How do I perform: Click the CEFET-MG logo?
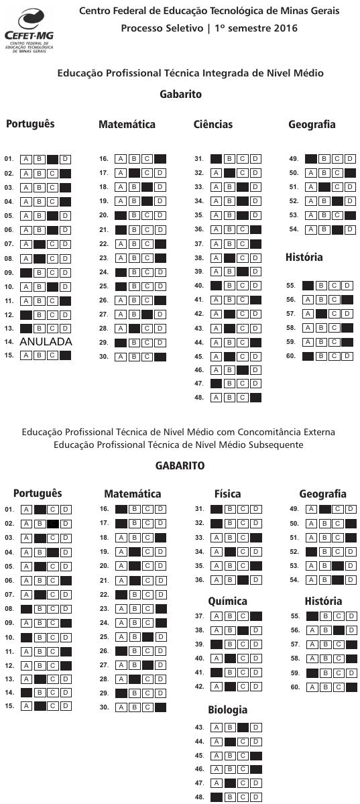point(28,30)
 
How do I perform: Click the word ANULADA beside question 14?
point(46,342)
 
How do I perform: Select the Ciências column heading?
point(213,125)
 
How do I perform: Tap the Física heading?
point(227,494)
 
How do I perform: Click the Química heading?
point(227,601)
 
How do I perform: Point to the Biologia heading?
point(227,710)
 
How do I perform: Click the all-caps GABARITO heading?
point(180,466)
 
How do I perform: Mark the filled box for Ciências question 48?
point(255,398)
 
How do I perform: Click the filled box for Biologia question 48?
point(217,797)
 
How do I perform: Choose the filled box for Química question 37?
point(255,616)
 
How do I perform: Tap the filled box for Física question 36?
point(242,580)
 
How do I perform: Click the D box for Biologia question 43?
point(255,728)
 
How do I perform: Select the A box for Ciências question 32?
point(216,173)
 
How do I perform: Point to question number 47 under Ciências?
point(199,384)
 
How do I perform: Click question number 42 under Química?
point(199,687)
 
